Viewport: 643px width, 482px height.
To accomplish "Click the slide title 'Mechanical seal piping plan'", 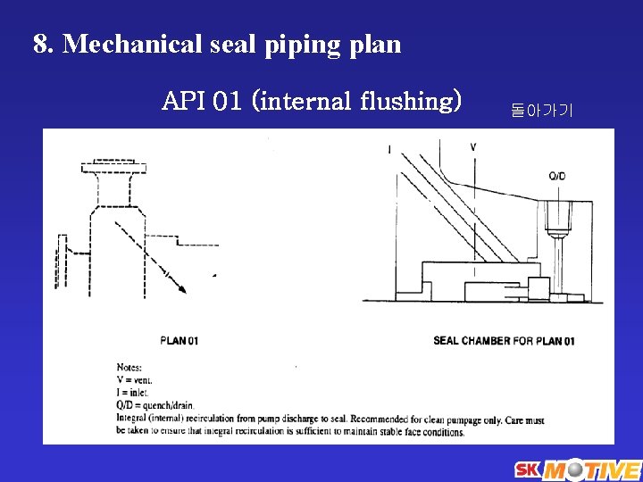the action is tap(232, 44).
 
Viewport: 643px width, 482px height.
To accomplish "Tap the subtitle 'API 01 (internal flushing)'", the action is tap(312, 101).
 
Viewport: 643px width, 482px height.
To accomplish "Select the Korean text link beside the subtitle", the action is tap(542, 111).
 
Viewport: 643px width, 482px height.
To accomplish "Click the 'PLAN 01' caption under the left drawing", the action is tap(180, 340).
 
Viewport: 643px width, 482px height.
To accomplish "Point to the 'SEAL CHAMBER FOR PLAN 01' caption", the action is tap(504, 340).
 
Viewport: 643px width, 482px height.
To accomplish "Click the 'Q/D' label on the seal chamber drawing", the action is tap(556, 176).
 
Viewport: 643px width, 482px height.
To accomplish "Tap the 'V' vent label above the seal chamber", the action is tap(473, 146).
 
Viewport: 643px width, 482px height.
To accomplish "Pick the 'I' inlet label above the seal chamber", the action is tap(389, 149).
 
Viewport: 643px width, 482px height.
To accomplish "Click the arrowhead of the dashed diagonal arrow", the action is tap(181, 287).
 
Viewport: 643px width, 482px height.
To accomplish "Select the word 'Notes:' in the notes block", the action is tap(129, 367).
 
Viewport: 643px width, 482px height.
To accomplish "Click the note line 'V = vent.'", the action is tap(135, 379).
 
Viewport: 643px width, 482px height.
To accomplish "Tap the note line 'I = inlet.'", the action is tap(133, 392).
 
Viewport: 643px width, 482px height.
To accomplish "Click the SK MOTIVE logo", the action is tap(576, 470).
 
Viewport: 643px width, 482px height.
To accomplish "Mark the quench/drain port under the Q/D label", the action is tap(557, 223).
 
